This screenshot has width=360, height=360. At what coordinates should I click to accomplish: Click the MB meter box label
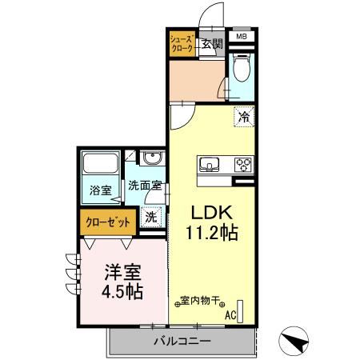click(241, 36)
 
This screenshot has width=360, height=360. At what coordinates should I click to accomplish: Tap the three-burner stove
click(242, 165)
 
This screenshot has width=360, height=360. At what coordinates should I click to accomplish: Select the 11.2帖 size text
click(210, 234)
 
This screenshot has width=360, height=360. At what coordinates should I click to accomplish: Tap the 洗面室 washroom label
click(146, 186)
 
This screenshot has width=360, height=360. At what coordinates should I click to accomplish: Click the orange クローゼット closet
click(108, 222)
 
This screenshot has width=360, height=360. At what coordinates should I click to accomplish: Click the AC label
click(230, 315)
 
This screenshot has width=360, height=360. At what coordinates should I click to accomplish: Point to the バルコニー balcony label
click(182, 342)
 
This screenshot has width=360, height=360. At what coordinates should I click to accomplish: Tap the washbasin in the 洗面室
click(150, 159)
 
